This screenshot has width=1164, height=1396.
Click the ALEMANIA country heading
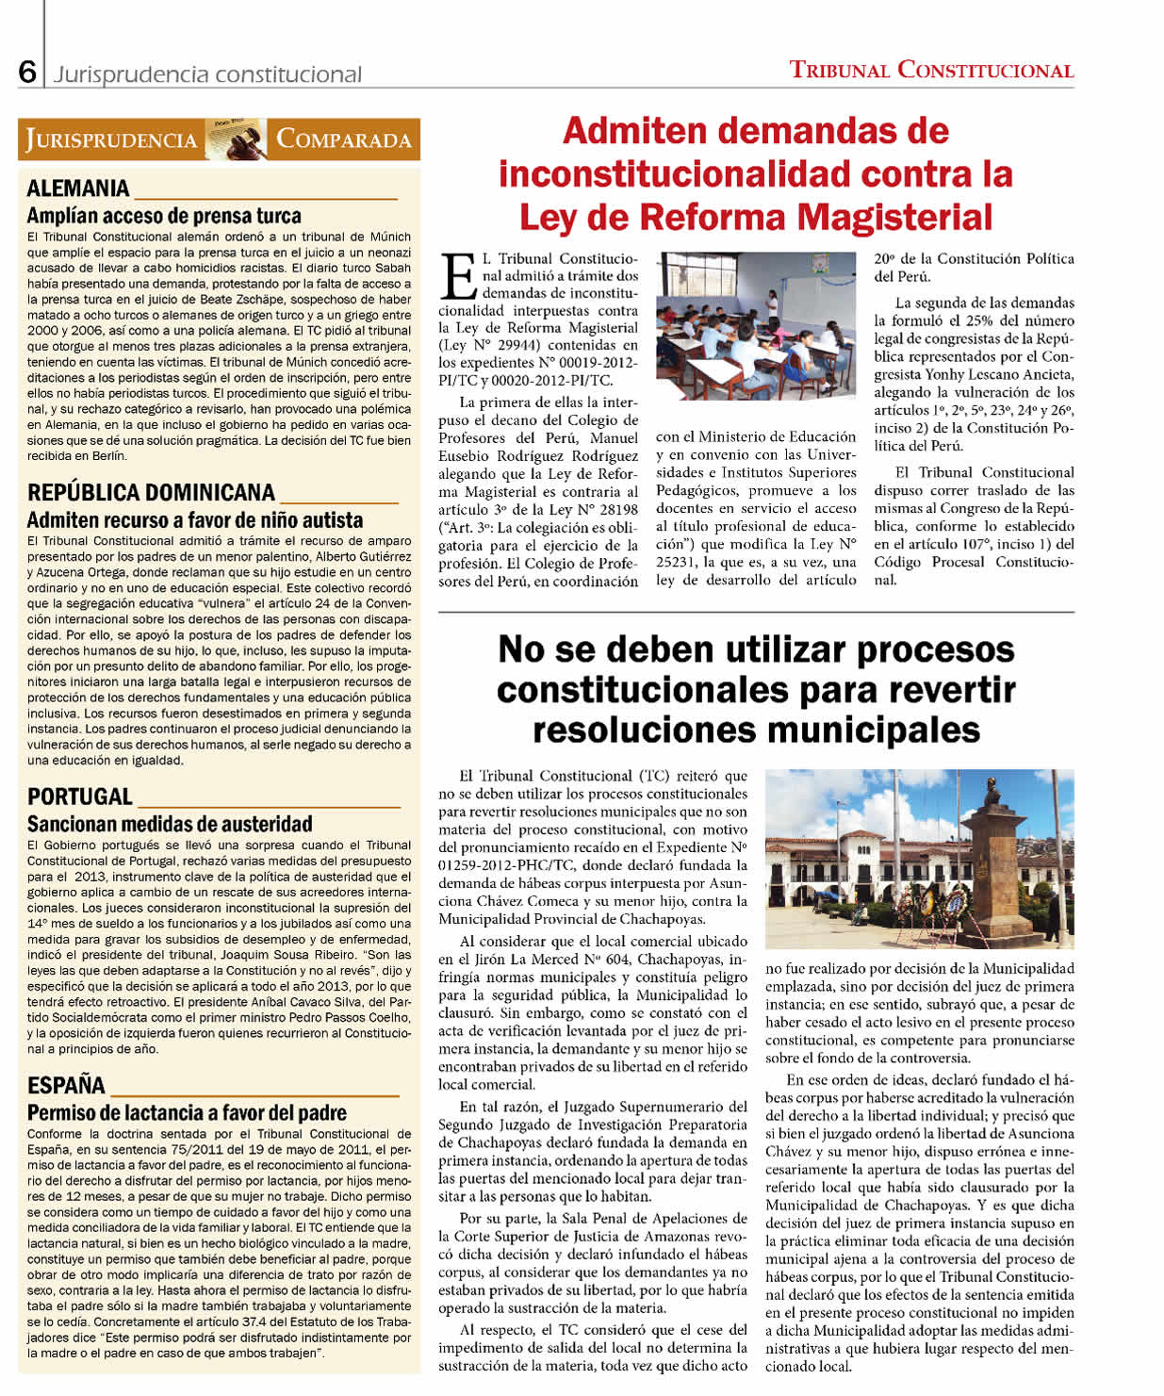[78, 189]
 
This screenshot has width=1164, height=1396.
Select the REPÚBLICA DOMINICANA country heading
[151, 493]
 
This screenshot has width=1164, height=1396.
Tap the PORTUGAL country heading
[80, 797]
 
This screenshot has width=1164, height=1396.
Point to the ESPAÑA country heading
[66, 1085]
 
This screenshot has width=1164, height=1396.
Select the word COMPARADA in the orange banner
[343, 140]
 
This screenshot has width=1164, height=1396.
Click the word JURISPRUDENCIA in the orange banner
[111, 140]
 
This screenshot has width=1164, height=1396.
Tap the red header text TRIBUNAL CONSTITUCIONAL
[931, 70]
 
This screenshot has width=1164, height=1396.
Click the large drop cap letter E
[459, 275]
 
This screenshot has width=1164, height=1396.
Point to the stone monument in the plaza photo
[1003, 867]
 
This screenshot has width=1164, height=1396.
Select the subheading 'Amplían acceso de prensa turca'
[164, 216]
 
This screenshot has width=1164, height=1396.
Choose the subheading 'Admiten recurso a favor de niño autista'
[195, 520]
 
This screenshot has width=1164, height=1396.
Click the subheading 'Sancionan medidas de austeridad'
[170, 824]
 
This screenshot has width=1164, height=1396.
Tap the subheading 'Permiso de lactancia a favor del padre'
[187, 1113]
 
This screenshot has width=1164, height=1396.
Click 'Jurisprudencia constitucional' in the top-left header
[207, 74]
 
